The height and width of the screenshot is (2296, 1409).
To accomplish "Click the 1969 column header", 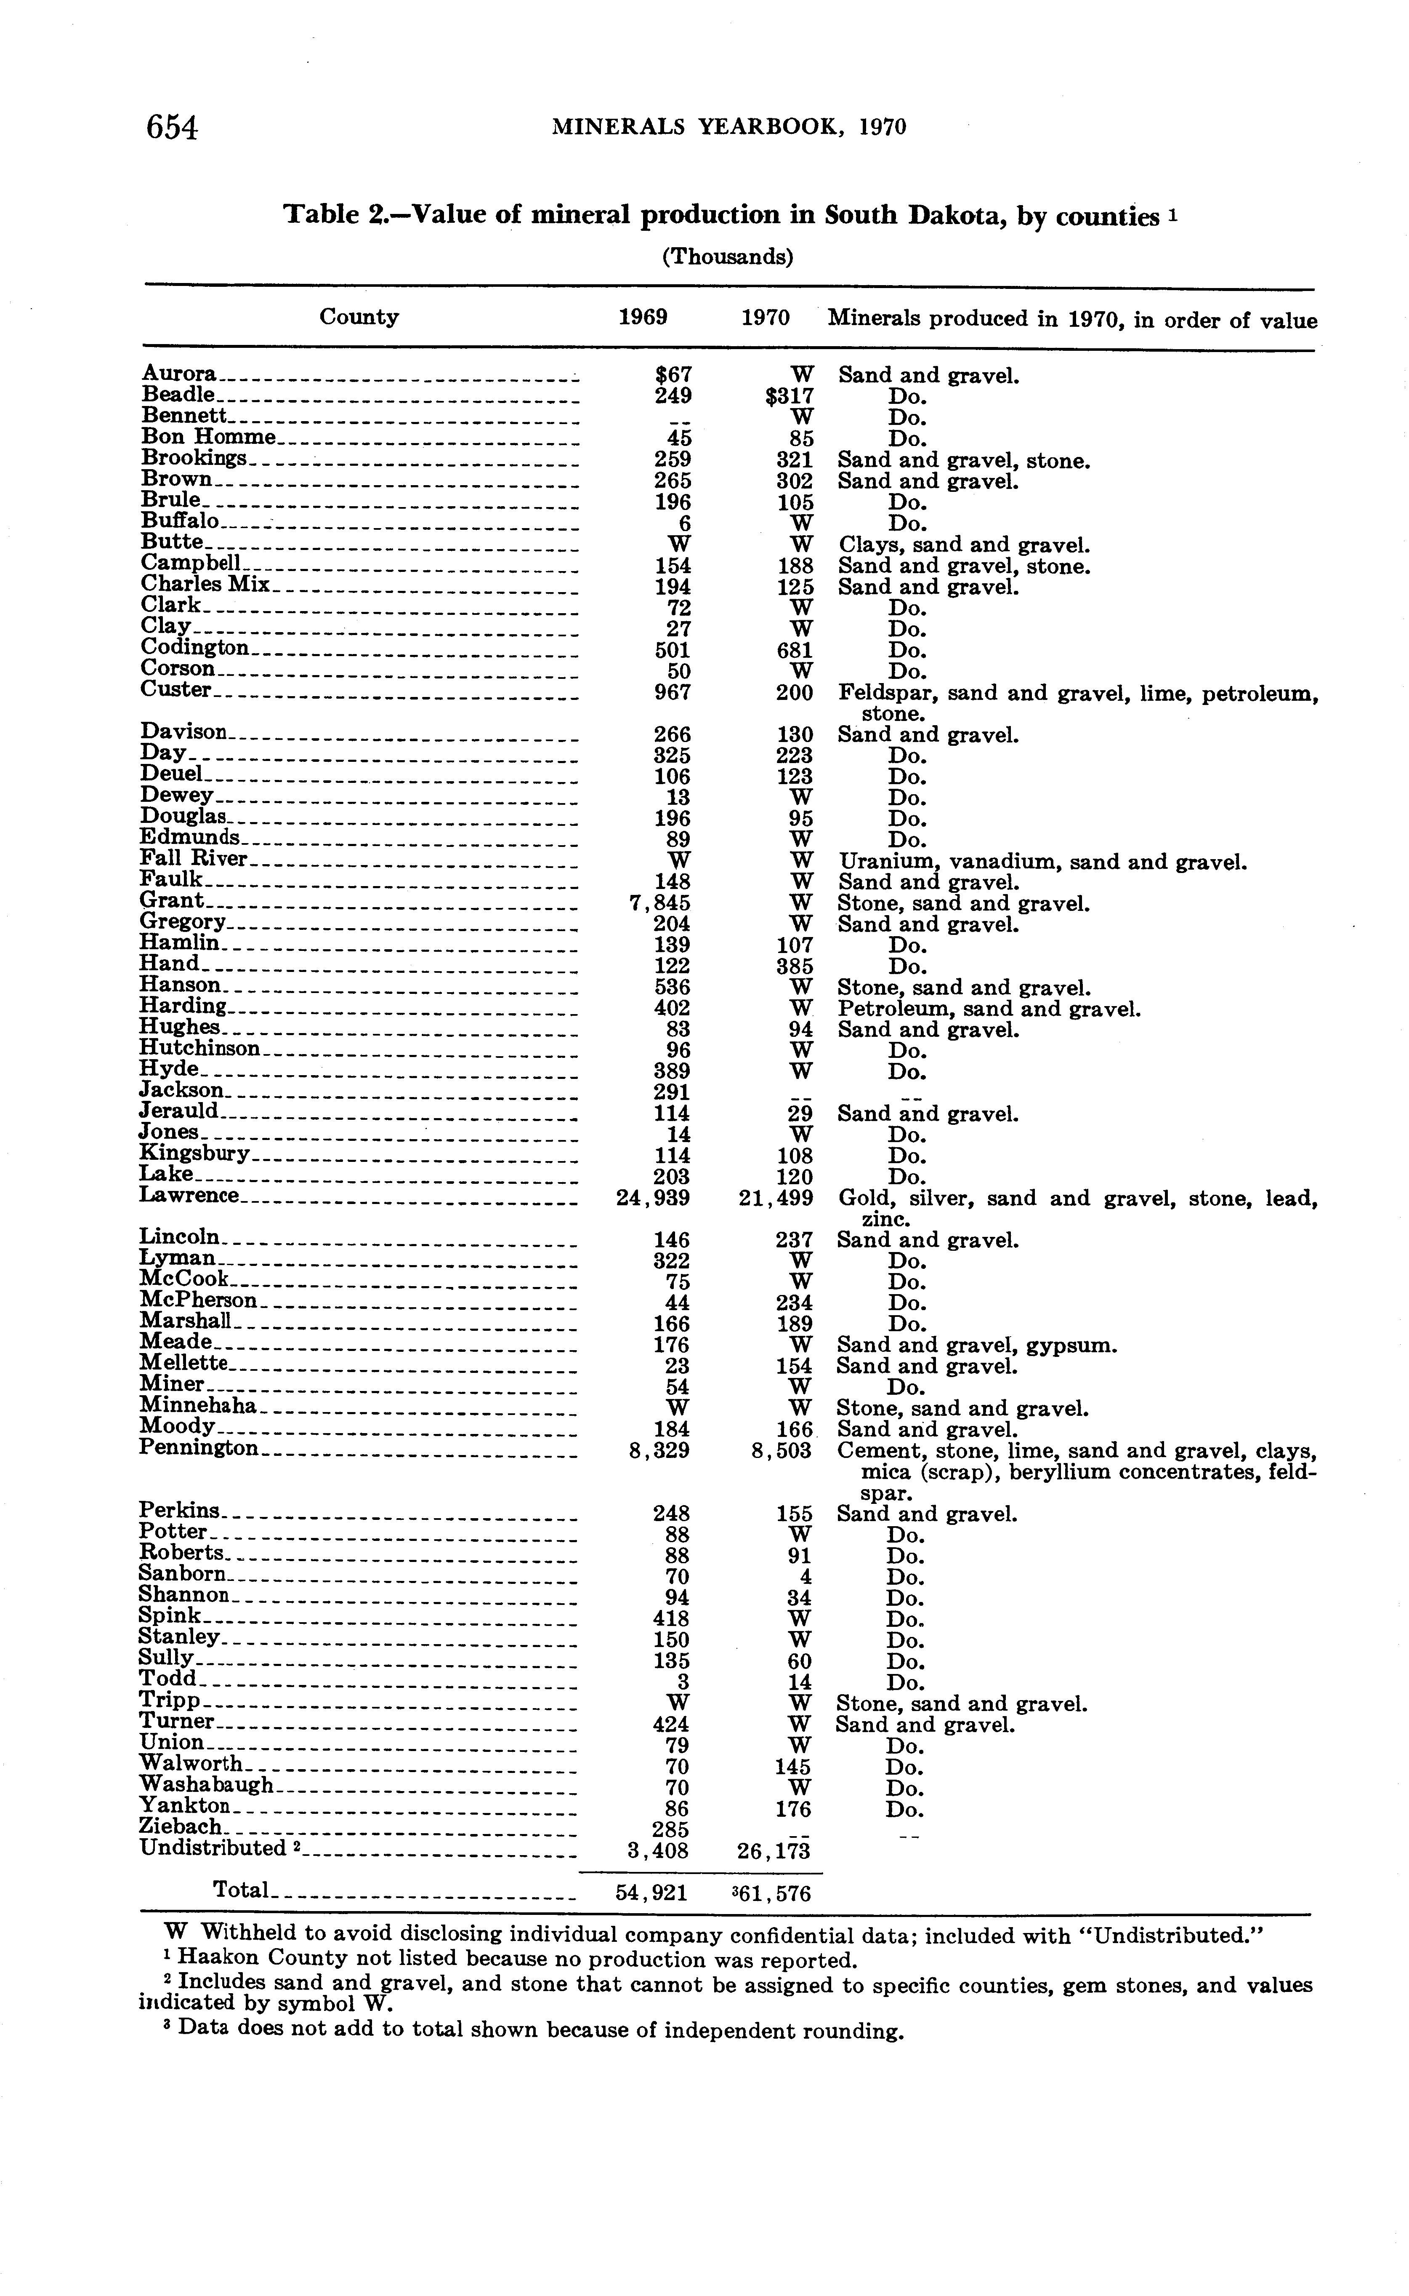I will [x=643, y=317].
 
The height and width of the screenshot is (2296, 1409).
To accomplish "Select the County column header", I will [x=359, y=317].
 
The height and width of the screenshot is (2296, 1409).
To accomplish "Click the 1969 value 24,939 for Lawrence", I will [x=653, y=1198].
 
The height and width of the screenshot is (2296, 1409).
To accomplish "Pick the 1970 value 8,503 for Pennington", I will [x=782, y=1452].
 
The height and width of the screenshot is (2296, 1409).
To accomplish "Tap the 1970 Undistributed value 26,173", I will [x=774, y=1848].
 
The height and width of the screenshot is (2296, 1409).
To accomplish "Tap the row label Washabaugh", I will [x=206, y=1784].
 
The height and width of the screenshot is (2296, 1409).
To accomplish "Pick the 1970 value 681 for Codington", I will [x=794, y=650].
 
